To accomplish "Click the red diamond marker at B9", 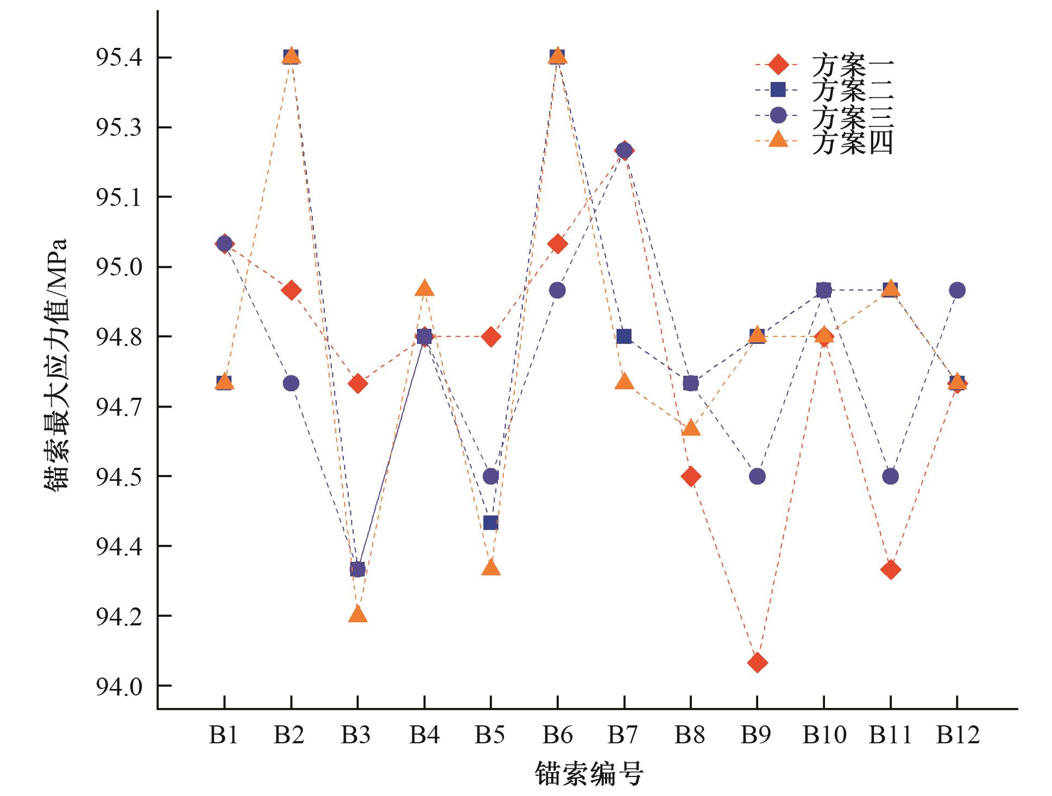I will pyautogui.click(x=757, y=663).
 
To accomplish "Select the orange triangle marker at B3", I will pyautogui.click(x=357, y=615).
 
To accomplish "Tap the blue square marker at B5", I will pyautogui.click(x=490, y=523).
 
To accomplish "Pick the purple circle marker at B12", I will pyautogui.click(x=957, y=290).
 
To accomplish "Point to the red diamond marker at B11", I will pyautogui.click(x=891, y=570).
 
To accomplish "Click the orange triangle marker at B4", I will pyautogui.click(x=424, y=289).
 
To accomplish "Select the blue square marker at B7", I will pyautogui.click(x=624, y=337).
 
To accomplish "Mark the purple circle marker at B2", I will pyautogui.click(x=291, y=383).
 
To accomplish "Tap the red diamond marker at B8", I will pyautogui.click(x=690, y=477).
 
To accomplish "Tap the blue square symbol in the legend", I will pyautogui.click(x=778, y=89).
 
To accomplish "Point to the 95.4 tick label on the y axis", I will pyautogui.click(x=119, y=57).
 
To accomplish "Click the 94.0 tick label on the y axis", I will pyautogui.click(x=119, y=686).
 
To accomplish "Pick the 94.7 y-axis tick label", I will pyautogui.click(x=119, y=406).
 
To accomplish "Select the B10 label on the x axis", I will pyautogui.click(x=824, y=735).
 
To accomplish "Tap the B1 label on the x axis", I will pyautogui.click(x=224, y=735).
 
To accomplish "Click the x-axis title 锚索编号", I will pyautogui.click(x=589, y=774).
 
